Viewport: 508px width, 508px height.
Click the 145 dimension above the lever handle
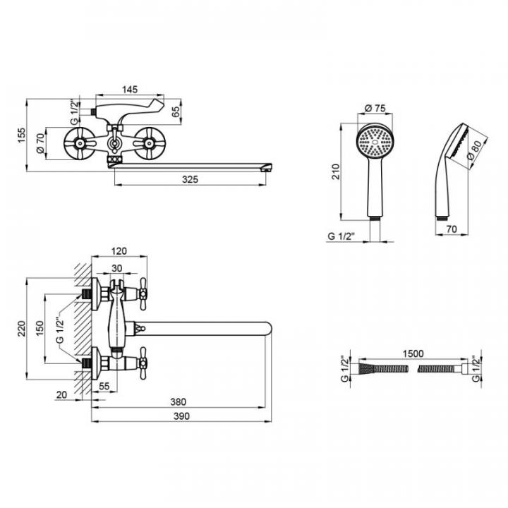point(130,90)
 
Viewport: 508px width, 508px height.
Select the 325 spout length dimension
point(189,180)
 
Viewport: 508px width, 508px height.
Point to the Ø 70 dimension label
point(40,143)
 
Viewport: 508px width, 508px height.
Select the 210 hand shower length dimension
point(336,171)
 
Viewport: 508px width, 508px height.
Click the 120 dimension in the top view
point(119,251)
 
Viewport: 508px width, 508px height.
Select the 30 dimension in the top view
point(117,269)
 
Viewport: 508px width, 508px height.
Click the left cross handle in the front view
point(80,144)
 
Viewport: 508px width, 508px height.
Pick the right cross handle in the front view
point(149,143)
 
